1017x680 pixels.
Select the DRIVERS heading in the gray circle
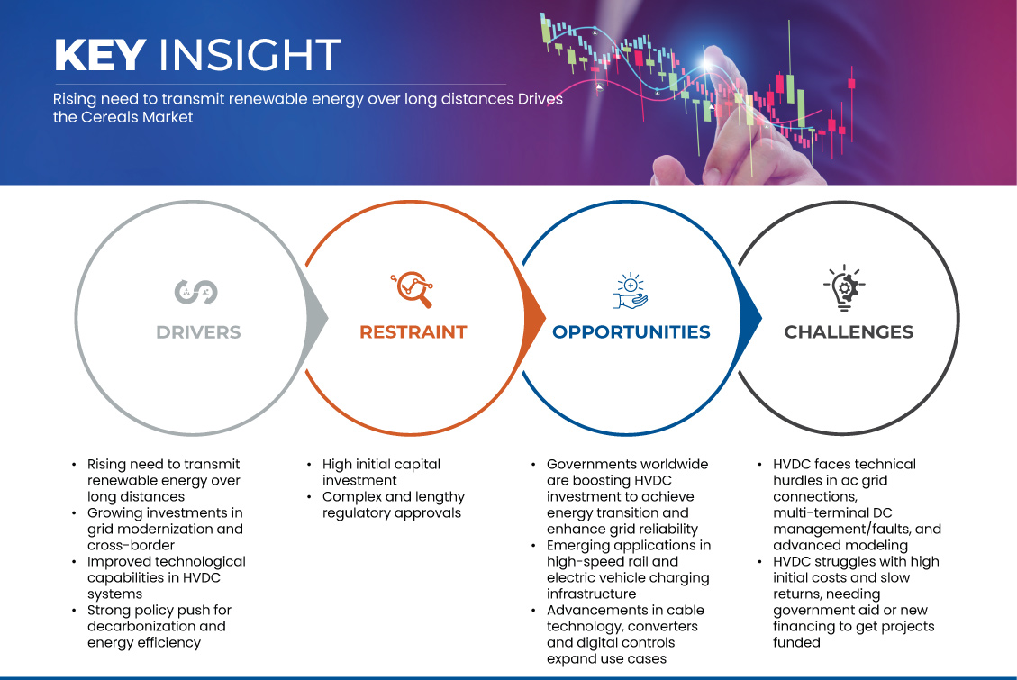[198, 332]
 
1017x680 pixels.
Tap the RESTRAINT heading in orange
[413, 332]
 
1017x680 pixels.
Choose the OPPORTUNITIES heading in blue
[631, 332]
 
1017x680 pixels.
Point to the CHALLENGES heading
[849, 332]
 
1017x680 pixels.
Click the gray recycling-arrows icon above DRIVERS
[195, 292]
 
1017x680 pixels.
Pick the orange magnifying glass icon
[412, 289]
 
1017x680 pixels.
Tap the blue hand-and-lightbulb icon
[631, 290]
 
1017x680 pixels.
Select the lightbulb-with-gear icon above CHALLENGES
[844, 287]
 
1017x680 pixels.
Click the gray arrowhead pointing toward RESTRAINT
[317, 318]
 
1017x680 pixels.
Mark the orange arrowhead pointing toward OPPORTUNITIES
[534, 318]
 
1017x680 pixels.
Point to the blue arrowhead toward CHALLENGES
[751, 318]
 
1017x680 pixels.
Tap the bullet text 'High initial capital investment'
[381, 472]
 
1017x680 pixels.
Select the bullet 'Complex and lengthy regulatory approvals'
[394, 504]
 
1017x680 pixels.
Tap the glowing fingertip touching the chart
[708, 63]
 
